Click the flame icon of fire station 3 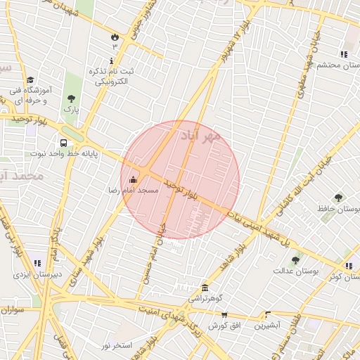pyautogui.click(x=115, y=35)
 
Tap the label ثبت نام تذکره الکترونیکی pyautogui.click(x=110, y=77)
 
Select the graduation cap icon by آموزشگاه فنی pyautogui.click(x=30, y=80)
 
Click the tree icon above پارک pyautogui.click(x=70, y=98)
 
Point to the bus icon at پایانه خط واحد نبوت pyautogui.click(x=64, y=143)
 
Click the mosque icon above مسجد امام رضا pyautogui.click(x=134, y=180)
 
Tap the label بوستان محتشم pyautogui.click(x=338, y=65)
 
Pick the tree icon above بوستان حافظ pyautogui.click(x=339, y=198)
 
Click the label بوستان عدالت pyautogui.click(x=296, y=270)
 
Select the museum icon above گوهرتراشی pyautogui.click(x=205, y=288)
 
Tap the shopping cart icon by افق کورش pyautogui.click(x=224, y=314)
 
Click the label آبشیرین pyautogui.click(x=267, y=325)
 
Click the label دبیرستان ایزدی pyautogui.click(x=37, y=274)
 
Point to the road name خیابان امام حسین pyautogui.click(x=154, y=255)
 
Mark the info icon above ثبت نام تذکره pyautogui.click(x=110, y=62)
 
